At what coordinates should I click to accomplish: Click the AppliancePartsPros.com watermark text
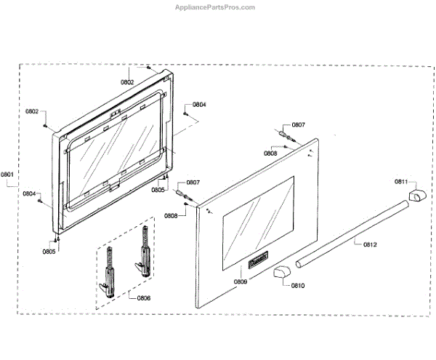[x=218, y=7]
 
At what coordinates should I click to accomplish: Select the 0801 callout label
[x=8, y=175]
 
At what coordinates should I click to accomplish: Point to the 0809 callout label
[x=240, y=281]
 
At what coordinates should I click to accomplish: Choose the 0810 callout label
[x=298, y=285]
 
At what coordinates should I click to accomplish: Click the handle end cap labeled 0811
[x=418, y=196]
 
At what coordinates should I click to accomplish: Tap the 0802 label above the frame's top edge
[x=127, y=82]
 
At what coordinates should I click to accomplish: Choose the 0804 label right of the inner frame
[x=198, y=105]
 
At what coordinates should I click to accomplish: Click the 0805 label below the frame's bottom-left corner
[x=49, y=252]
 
